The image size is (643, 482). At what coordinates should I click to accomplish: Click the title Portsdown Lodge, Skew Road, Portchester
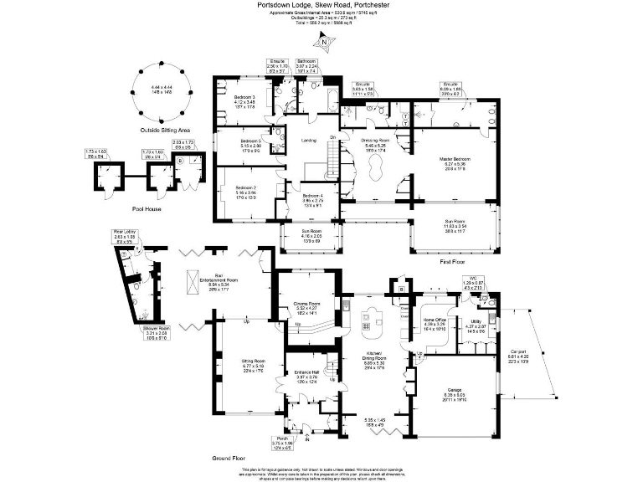321,4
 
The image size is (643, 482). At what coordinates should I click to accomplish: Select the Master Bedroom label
455,158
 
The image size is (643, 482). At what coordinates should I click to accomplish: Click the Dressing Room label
375,141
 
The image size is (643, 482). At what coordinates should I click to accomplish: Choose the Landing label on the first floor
310,140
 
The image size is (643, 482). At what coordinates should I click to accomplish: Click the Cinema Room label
307,304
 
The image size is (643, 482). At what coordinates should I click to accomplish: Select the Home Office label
435,320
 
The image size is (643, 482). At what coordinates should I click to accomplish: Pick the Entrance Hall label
306,371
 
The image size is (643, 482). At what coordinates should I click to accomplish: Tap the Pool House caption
146,208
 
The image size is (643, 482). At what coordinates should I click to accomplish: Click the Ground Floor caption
228,459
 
